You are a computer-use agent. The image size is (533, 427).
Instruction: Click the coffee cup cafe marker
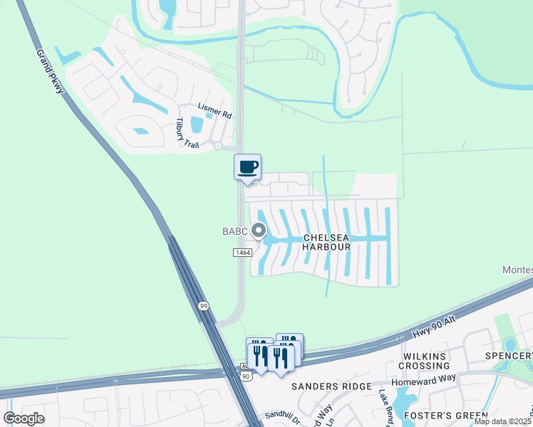247,167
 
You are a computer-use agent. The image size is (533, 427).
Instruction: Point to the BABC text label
234,231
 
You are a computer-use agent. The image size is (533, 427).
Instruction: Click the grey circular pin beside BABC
259,231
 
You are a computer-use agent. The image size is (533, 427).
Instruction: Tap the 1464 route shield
242,253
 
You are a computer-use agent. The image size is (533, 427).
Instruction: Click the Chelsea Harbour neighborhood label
326,242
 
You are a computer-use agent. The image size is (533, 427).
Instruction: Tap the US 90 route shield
245,375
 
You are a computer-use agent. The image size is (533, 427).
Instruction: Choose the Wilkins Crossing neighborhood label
424,361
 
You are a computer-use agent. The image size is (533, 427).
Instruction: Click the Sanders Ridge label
331,386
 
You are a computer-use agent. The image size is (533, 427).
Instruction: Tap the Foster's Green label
446,416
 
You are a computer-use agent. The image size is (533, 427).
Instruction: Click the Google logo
24,418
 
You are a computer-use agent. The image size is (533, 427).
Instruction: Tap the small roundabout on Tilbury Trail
218,146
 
